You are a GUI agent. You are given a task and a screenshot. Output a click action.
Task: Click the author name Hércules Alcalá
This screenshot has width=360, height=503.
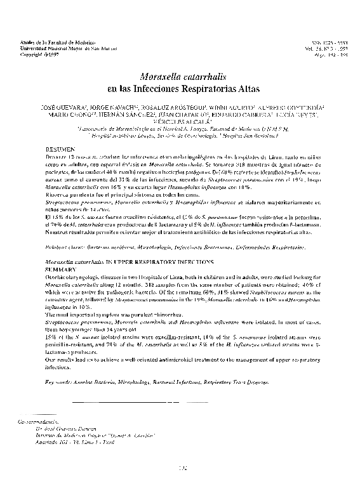pyautogui.click(x=180, y=123)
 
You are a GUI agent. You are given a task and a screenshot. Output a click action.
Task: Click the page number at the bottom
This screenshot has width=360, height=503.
pyautogui.click(x=180, y=469)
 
